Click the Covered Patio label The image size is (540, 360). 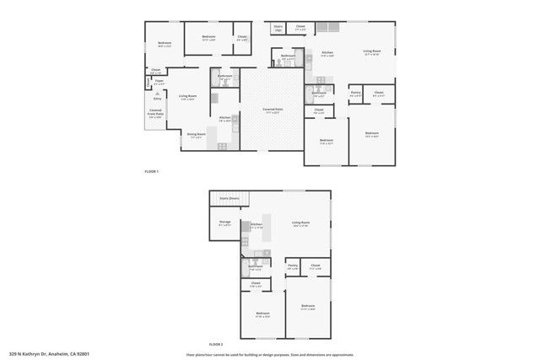tap(272, 110)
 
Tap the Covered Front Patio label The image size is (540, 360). tap(156, 114)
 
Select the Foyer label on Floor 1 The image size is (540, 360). tap(159, 82)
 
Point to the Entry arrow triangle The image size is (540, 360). tap(148, 98)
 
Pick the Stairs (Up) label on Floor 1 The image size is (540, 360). tap(278, 29)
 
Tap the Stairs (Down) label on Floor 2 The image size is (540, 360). tap(229, 198)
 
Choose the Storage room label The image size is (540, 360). tap(225, 223)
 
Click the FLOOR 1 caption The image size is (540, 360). tap(151, 171)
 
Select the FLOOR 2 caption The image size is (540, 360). tap(216, 344)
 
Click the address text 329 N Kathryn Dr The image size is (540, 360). tap(49, 354)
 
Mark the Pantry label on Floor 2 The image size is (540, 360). tap(293, 266)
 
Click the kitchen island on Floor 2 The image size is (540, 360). tap(267, 237)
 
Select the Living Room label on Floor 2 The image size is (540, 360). tap(301, 224)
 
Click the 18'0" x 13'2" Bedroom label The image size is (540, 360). tap(165, 44)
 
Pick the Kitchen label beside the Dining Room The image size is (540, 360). tap(225, 119)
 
